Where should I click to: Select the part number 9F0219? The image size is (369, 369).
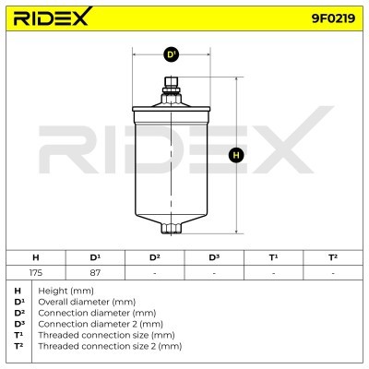click(333, 18)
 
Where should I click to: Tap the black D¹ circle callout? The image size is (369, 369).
click(171, 54)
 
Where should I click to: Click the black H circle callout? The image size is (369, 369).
click(236, 155)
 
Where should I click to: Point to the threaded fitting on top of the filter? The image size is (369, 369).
click(172, 91)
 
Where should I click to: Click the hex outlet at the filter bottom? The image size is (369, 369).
click(172, 229)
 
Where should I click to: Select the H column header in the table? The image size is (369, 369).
click(36, 257)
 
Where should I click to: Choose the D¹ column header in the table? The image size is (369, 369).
click(95, 257)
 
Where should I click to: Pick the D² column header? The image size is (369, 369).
click(154, 257)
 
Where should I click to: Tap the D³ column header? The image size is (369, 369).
click(214, 257)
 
